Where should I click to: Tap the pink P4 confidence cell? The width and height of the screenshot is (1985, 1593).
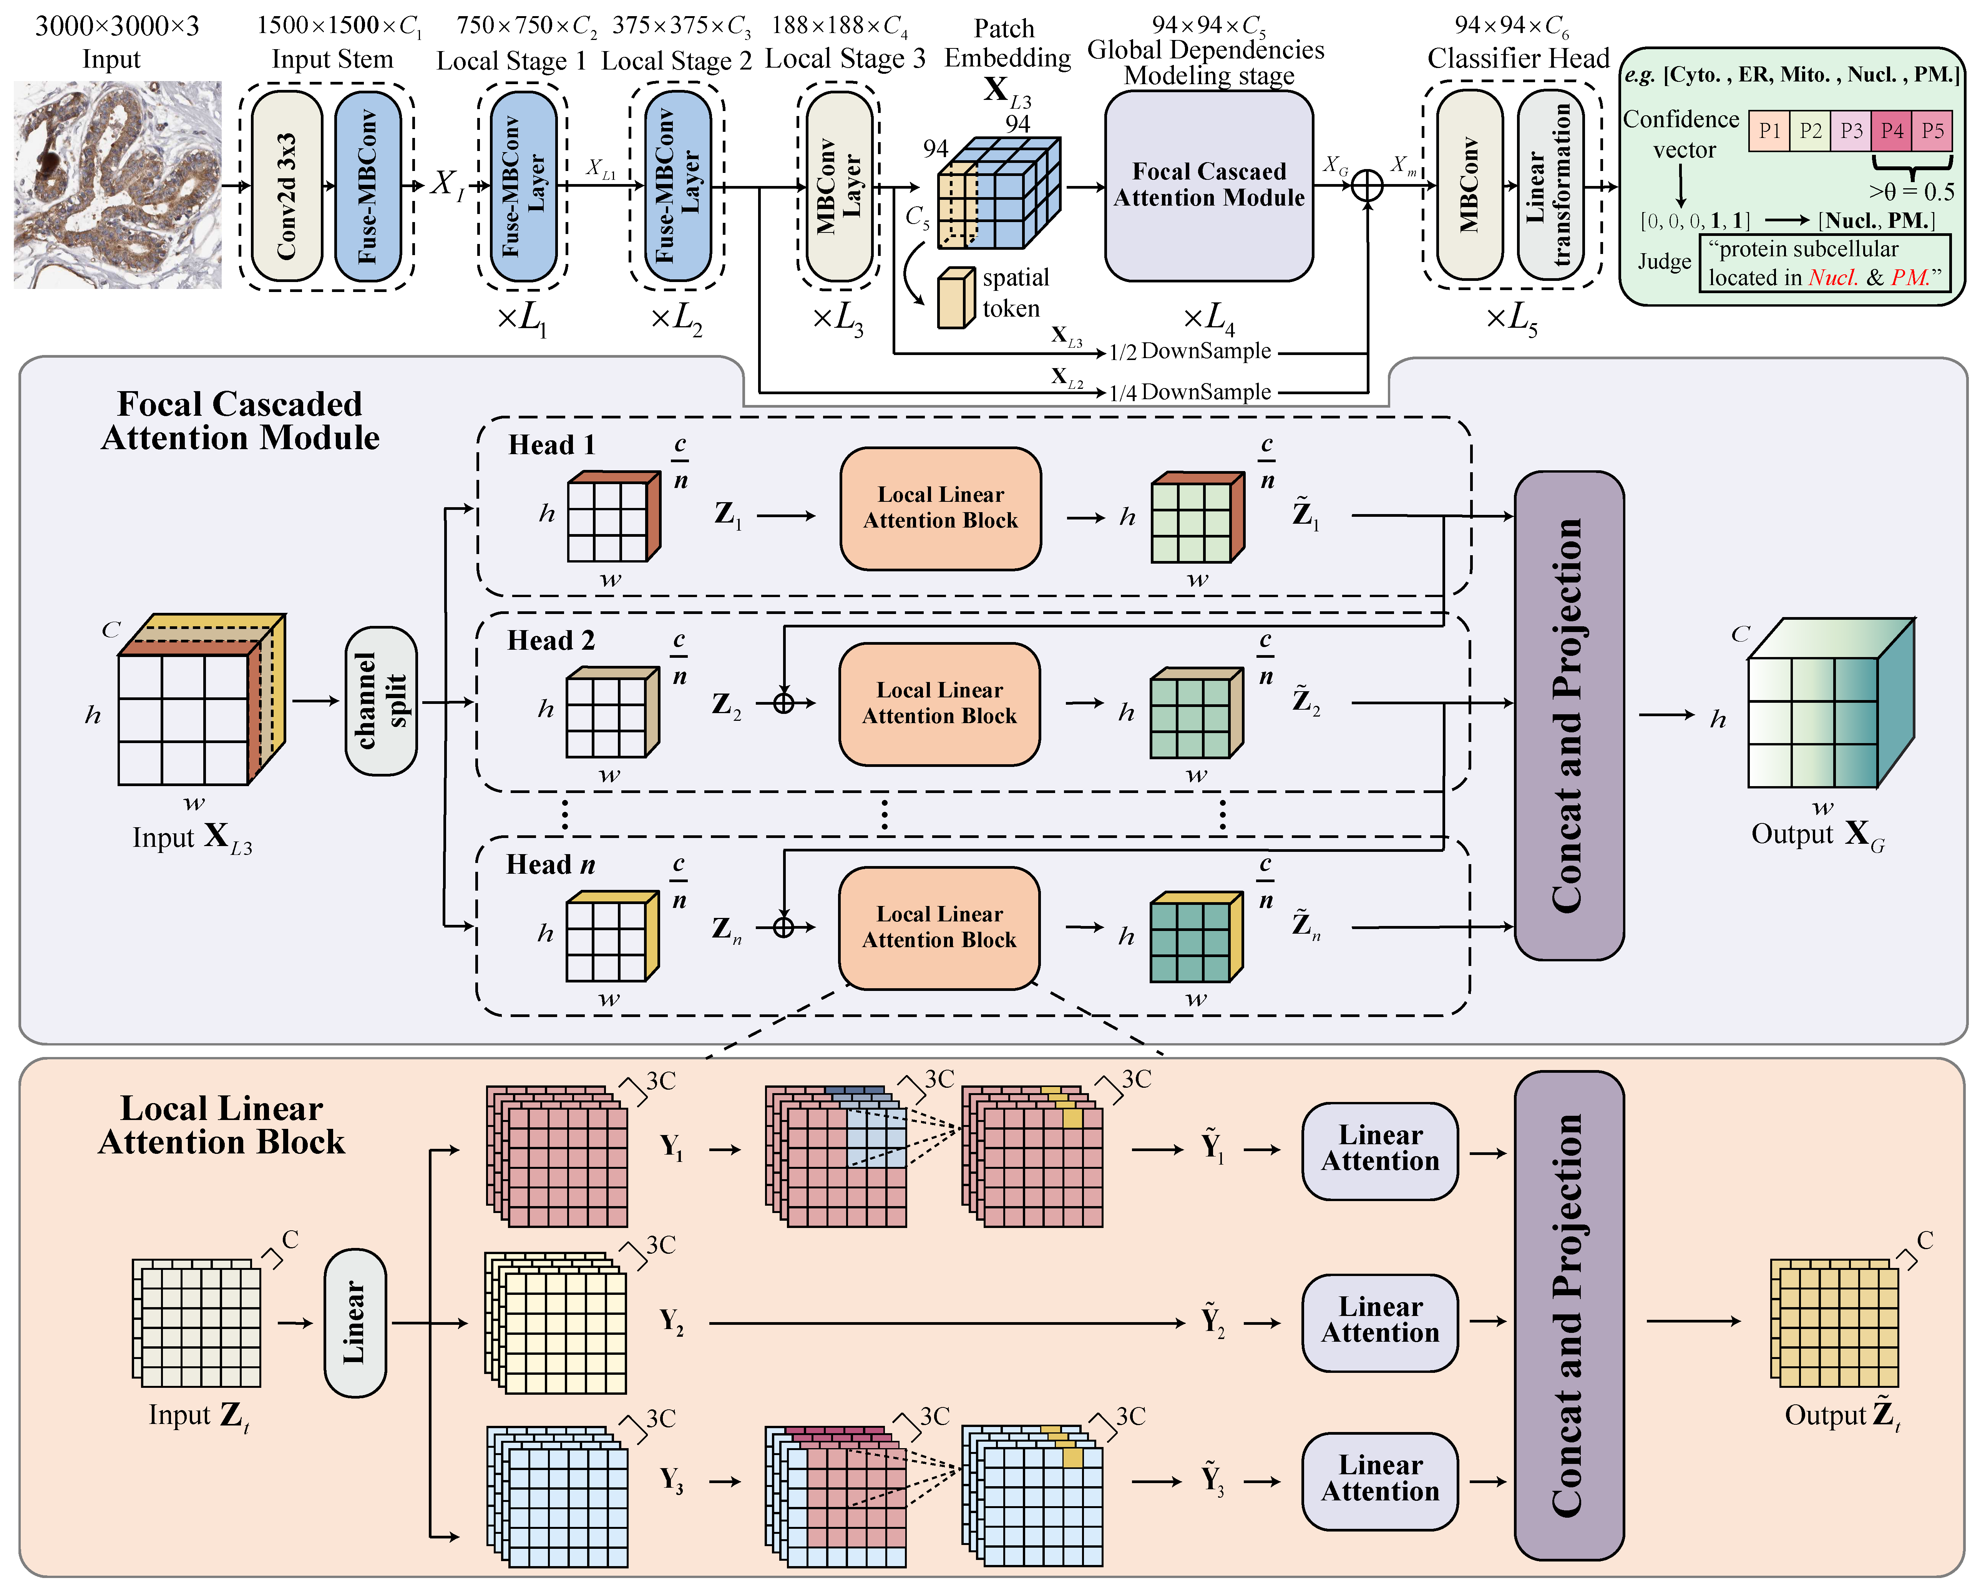(x=1892, y=131)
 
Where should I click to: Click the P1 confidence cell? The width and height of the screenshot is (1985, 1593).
(x=1769, y=131)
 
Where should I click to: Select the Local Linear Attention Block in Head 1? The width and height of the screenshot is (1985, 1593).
(x=940, y=508)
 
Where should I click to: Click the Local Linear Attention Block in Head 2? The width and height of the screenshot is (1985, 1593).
(x=939, y=704)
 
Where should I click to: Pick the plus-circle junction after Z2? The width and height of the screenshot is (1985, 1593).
(x=783, y=704)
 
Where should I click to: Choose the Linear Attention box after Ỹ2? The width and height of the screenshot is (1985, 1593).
(x=1379, y=1322)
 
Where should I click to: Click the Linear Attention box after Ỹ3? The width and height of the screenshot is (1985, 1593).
(x=1379, y=1481)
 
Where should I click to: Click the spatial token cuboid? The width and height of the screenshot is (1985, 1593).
(x=956, y=298)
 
